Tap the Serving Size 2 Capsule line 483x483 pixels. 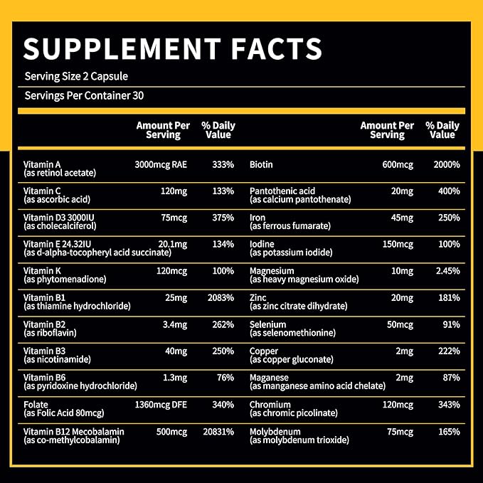(76, 76)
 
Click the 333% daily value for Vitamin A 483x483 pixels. (223, 164)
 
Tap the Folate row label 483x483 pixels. (35, 405)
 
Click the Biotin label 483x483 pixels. (262, 164)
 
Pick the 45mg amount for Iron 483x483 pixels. (400, 218)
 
